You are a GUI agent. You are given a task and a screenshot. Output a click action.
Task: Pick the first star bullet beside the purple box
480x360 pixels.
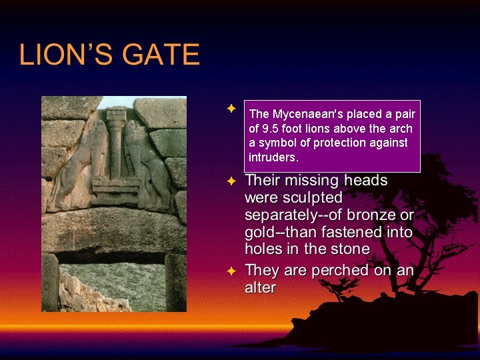(231, 107)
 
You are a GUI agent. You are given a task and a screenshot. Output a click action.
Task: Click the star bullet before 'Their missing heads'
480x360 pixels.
(231, 181)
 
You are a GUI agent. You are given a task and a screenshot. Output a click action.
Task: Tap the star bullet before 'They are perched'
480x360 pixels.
(231, 271)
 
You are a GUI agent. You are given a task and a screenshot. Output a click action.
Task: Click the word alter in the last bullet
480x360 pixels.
(260, 288)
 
